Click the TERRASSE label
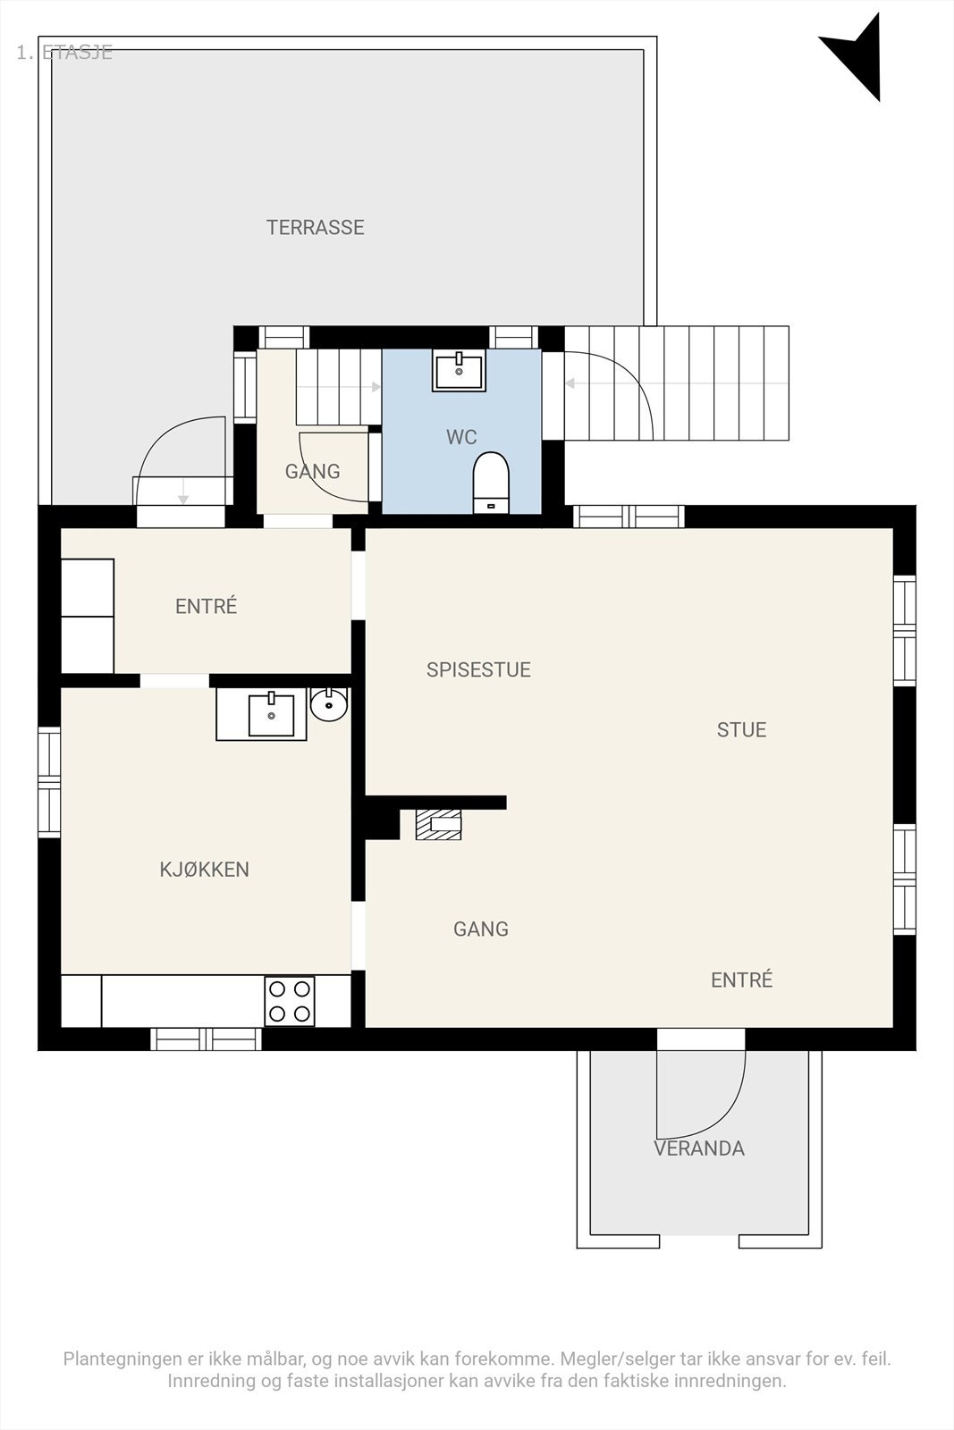[315, 227]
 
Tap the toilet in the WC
[490, 482]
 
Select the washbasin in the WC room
[460, 370]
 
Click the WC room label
[461, 437]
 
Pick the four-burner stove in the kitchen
[290, 1001]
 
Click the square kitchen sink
[270, 715]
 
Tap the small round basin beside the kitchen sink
[329, 704]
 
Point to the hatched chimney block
[438, 825]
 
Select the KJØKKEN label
[204, 870]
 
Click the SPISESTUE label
[478, 670]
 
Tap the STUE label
[741, 730]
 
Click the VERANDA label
[698, 1148]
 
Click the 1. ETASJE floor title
[64, 52]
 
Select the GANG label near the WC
[312, 471]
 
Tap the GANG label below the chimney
[480, 929]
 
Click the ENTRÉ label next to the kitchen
[206, 607]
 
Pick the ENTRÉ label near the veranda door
[741, 980]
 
